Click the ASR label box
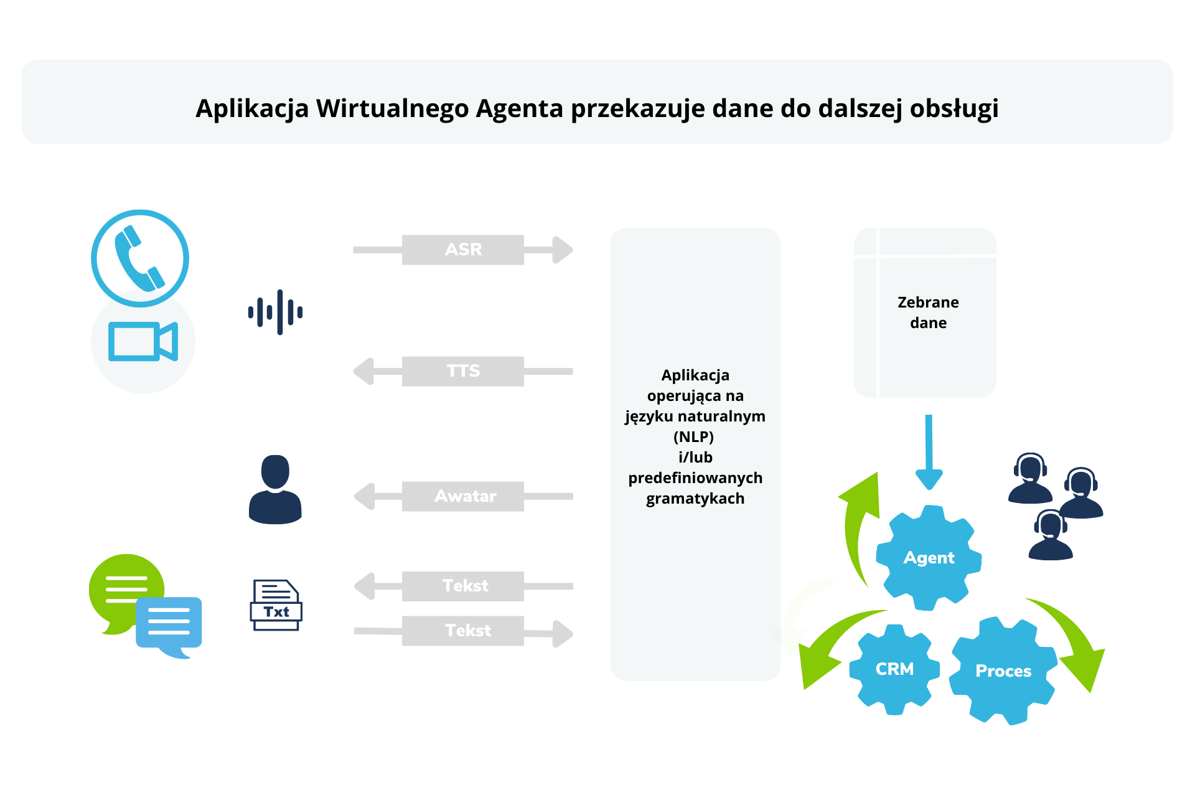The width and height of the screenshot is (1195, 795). [x=462, y=250]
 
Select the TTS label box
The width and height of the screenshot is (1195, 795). [x=462, y=371]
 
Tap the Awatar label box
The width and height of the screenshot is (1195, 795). [x=462, y=496]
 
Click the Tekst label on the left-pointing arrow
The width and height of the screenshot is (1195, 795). [x=462, y=586]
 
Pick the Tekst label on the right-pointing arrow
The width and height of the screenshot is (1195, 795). [x=462, y=631]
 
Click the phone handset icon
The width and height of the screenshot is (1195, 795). [x=140, y=258]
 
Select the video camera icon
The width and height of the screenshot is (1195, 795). [x=143, y=341]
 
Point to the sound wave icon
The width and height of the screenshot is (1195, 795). [x=275, y=312]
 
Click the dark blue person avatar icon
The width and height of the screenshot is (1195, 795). [x=275, y=489]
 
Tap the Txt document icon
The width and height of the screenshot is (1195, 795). [x=276, y=605]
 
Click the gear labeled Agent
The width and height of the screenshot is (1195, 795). [x=929, y=558]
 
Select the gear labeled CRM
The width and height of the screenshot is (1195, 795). [x=894, y=669]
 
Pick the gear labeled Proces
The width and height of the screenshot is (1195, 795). [x=1003, y=671]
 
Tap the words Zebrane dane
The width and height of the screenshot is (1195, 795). [x=928, y=313]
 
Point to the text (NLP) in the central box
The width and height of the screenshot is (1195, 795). [x=693, y=436]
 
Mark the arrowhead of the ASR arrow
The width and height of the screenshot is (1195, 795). [x=562, y=250]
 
